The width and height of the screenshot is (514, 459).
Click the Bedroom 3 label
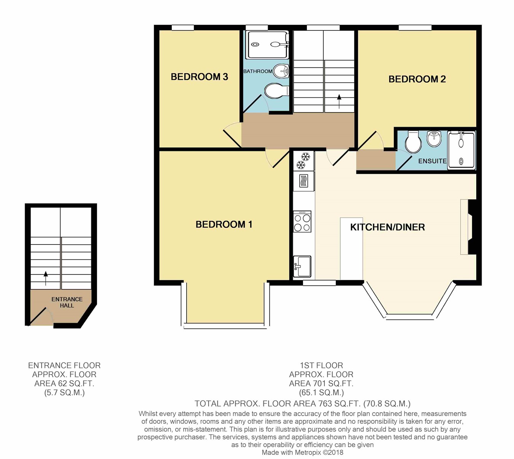200,77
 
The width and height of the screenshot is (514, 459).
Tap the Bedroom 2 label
417,79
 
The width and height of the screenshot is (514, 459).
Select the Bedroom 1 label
224,224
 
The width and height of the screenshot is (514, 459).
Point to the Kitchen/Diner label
387,227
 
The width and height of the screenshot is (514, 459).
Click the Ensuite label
432,161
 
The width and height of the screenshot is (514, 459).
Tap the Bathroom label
258,71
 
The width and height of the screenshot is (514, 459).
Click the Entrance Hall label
67,302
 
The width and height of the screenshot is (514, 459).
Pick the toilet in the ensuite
413,142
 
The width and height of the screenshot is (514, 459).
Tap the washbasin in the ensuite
434,139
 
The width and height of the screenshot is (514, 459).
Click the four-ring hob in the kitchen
302,222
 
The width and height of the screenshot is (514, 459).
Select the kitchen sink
302,266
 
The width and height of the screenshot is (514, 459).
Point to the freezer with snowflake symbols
303,161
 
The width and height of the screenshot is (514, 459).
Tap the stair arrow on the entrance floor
46,278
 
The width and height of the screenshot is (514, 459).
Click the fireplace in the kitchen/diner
468,227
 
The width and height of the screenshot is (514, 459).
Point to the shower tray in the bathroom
268,44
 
